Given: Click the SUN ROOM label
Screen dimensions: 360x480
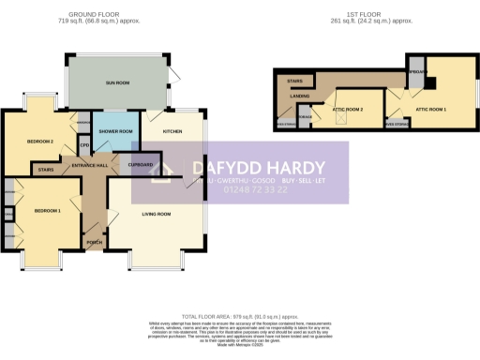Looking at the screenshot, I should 116,82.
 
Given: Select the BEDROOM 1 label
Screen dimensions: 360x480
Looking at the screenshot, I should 47,211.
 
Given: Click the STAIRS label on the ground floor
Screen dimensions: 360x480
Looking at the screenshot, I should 44,171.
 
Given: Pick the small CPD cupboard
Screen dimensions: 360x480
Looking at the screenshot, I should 83,145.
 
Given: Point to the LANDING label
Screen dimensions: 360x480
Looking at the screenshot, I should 299,94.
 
